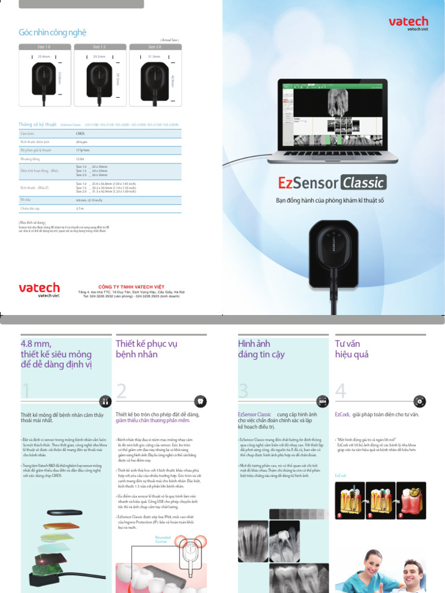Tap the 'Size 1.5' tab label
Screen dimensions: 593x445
(99, 46)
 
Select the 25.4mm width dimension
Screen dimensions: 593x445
(44, 57)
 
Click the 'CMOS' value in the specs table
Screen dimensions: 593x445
(81, 133)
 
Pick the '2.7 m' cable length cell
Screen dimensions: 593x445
(80, 208)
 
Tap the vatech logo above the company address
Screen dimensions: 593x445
(39, 288)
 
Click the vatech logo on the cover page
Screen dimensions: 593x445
(408, 23)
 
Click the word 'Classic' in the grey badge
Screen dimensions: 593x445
(363, 183)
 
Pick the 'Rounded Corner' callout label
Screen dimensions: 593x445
(163, 539)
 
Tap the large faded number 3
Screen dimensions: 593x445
(243, 391)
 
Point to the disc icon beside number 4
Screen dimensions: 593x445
(420, 401)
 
